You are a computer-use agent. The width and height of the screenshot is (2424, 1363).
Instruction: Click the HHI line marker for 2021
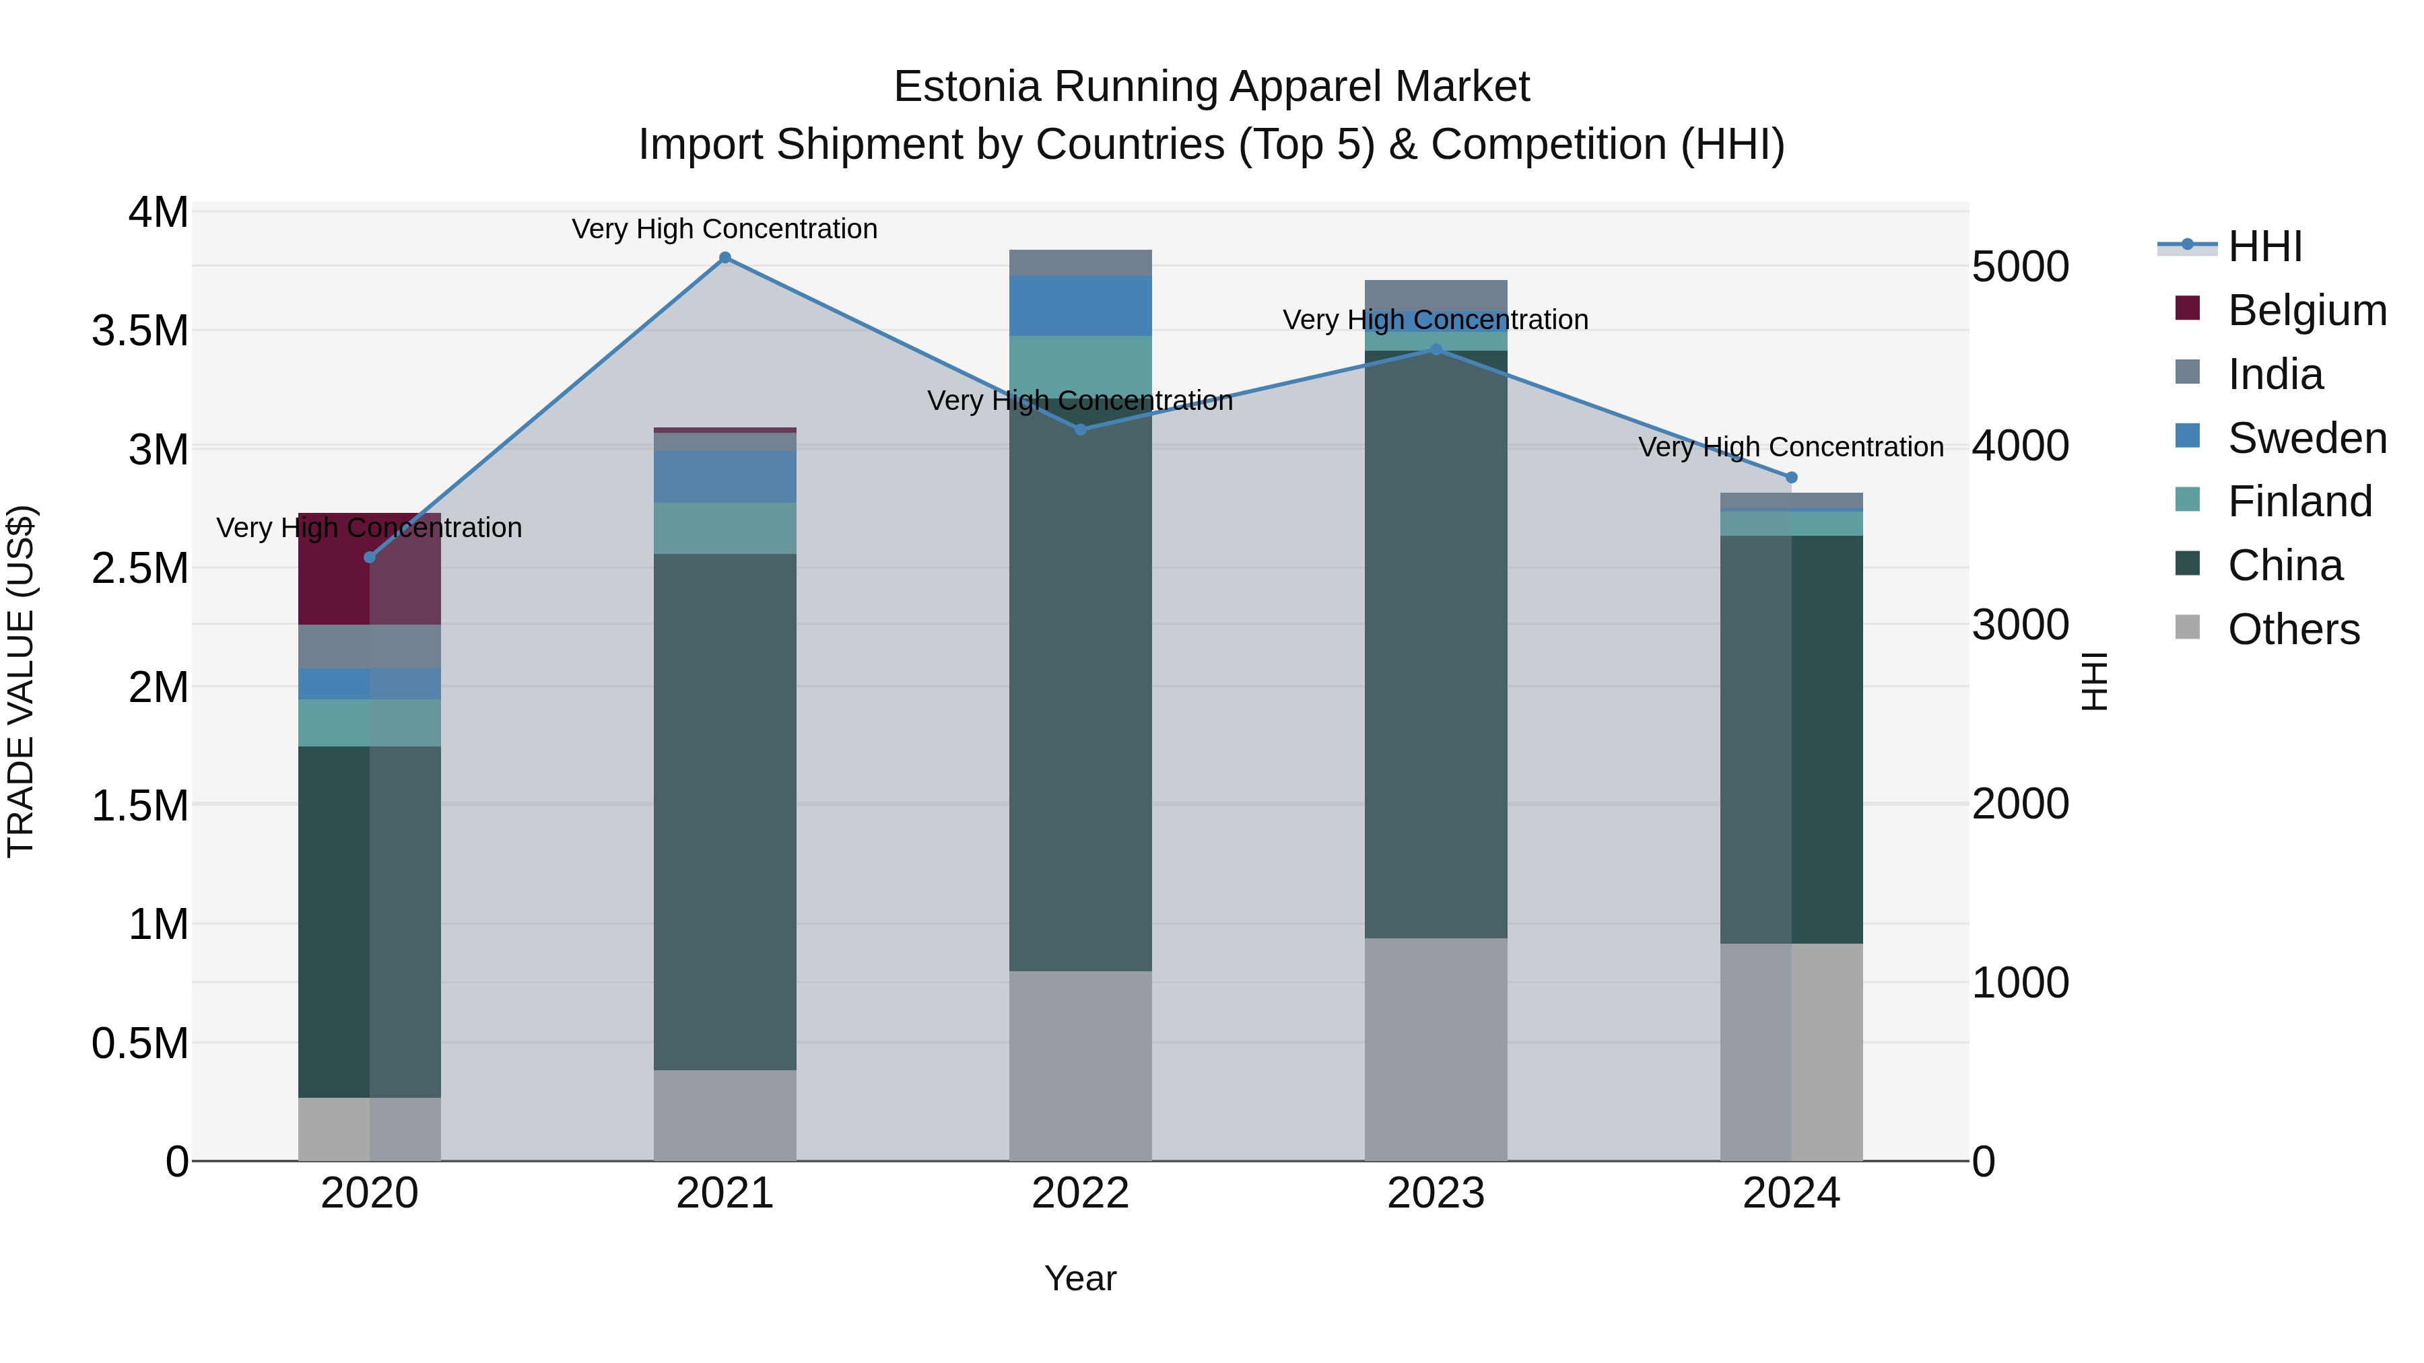(x=725, y=258)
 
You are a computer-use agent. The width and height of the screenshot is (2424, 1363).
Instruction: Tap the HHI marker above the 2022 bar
(x=1080, y=430)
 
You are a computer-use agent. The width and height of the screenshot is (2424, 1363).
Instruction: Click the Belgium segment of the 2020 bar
(x=369, y=569)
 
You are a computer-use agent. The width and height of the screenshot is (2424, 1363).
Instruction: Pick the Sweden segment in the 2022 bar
(x=1080, y=306)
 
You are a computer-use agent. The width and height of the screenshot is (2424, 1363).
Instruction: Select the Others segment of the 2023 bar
(x=1436, y=1049)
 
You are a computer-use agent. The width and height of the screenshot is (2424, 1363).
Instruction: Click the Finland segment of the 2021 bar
(x=725, y=528)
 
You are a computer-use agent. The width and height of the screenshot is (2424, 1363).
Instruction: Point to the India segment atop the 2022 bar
(x=1080, y=263)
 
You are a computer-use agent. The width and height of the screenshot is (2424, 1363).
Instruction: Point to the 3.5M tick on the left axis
(x=139, y=331)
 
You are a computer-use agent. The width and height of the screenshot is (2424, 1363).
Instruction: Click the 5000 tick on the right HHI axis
(x=2020, y=267)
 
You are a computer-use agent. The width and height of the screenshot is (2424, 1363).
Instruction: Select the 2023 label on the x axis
(x=1436, y=1193)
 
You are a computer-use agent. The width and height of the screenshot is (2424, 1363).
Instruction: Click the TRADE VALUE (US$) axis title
(x=21, y=681)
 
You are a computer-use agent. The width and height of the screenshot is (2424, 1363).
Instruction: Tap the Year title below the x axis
(x=1080, y=1278)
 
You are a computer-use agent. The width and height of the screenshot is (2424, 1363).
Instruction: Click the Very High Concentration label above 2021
(x=725, y=229)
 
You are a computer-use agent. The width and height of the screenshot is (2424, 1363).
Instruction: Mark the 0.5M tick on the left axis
(x=139, y=1043)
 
